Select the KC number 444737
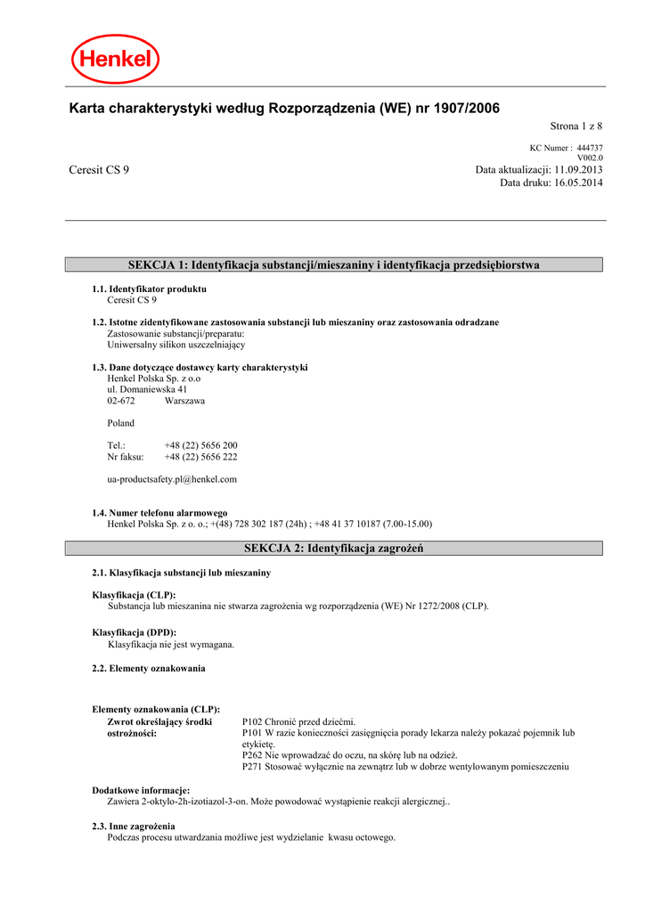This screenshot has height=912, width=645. click(x=590, y=148)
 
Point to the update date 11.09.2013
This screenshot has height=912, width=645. click(x=578, y=169)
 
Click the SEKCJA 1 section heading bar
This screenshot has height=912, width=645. click(x=334, y=265)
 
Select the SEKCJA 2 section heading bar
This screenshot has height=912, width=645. click(x=334, y=548)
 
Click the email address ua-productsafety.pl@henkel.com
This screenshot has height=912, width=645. click(x=172, y=479)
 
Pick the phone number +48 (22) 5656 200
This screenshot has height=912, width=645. click(x=200, y=445)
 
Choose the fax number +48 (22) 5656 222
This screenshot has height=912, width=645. click(x=200, y=457)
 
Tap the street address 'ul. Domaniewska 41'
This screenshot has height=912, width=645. click(x=147, y=389)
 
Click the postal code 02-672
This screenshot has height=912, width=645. click(x=121, y=401)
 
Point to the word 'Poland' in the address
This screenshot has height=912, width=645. click(x=121, y=423)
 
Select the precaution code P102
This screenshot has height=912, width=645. click(x=254, y=721)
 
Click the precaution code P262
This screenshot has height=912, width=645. click(x=254, y=754)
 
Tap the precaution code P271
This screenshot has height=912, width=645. click(x=254, y=766)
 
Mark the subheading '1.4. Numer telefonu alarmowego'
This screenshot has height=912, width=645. click(x=159, y=513)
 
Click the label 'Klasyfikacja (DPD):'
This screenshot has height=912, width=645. click(x=135, y=632)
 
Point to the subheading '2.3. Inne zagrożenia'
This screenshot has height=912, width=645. click(x=134, y=826)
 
